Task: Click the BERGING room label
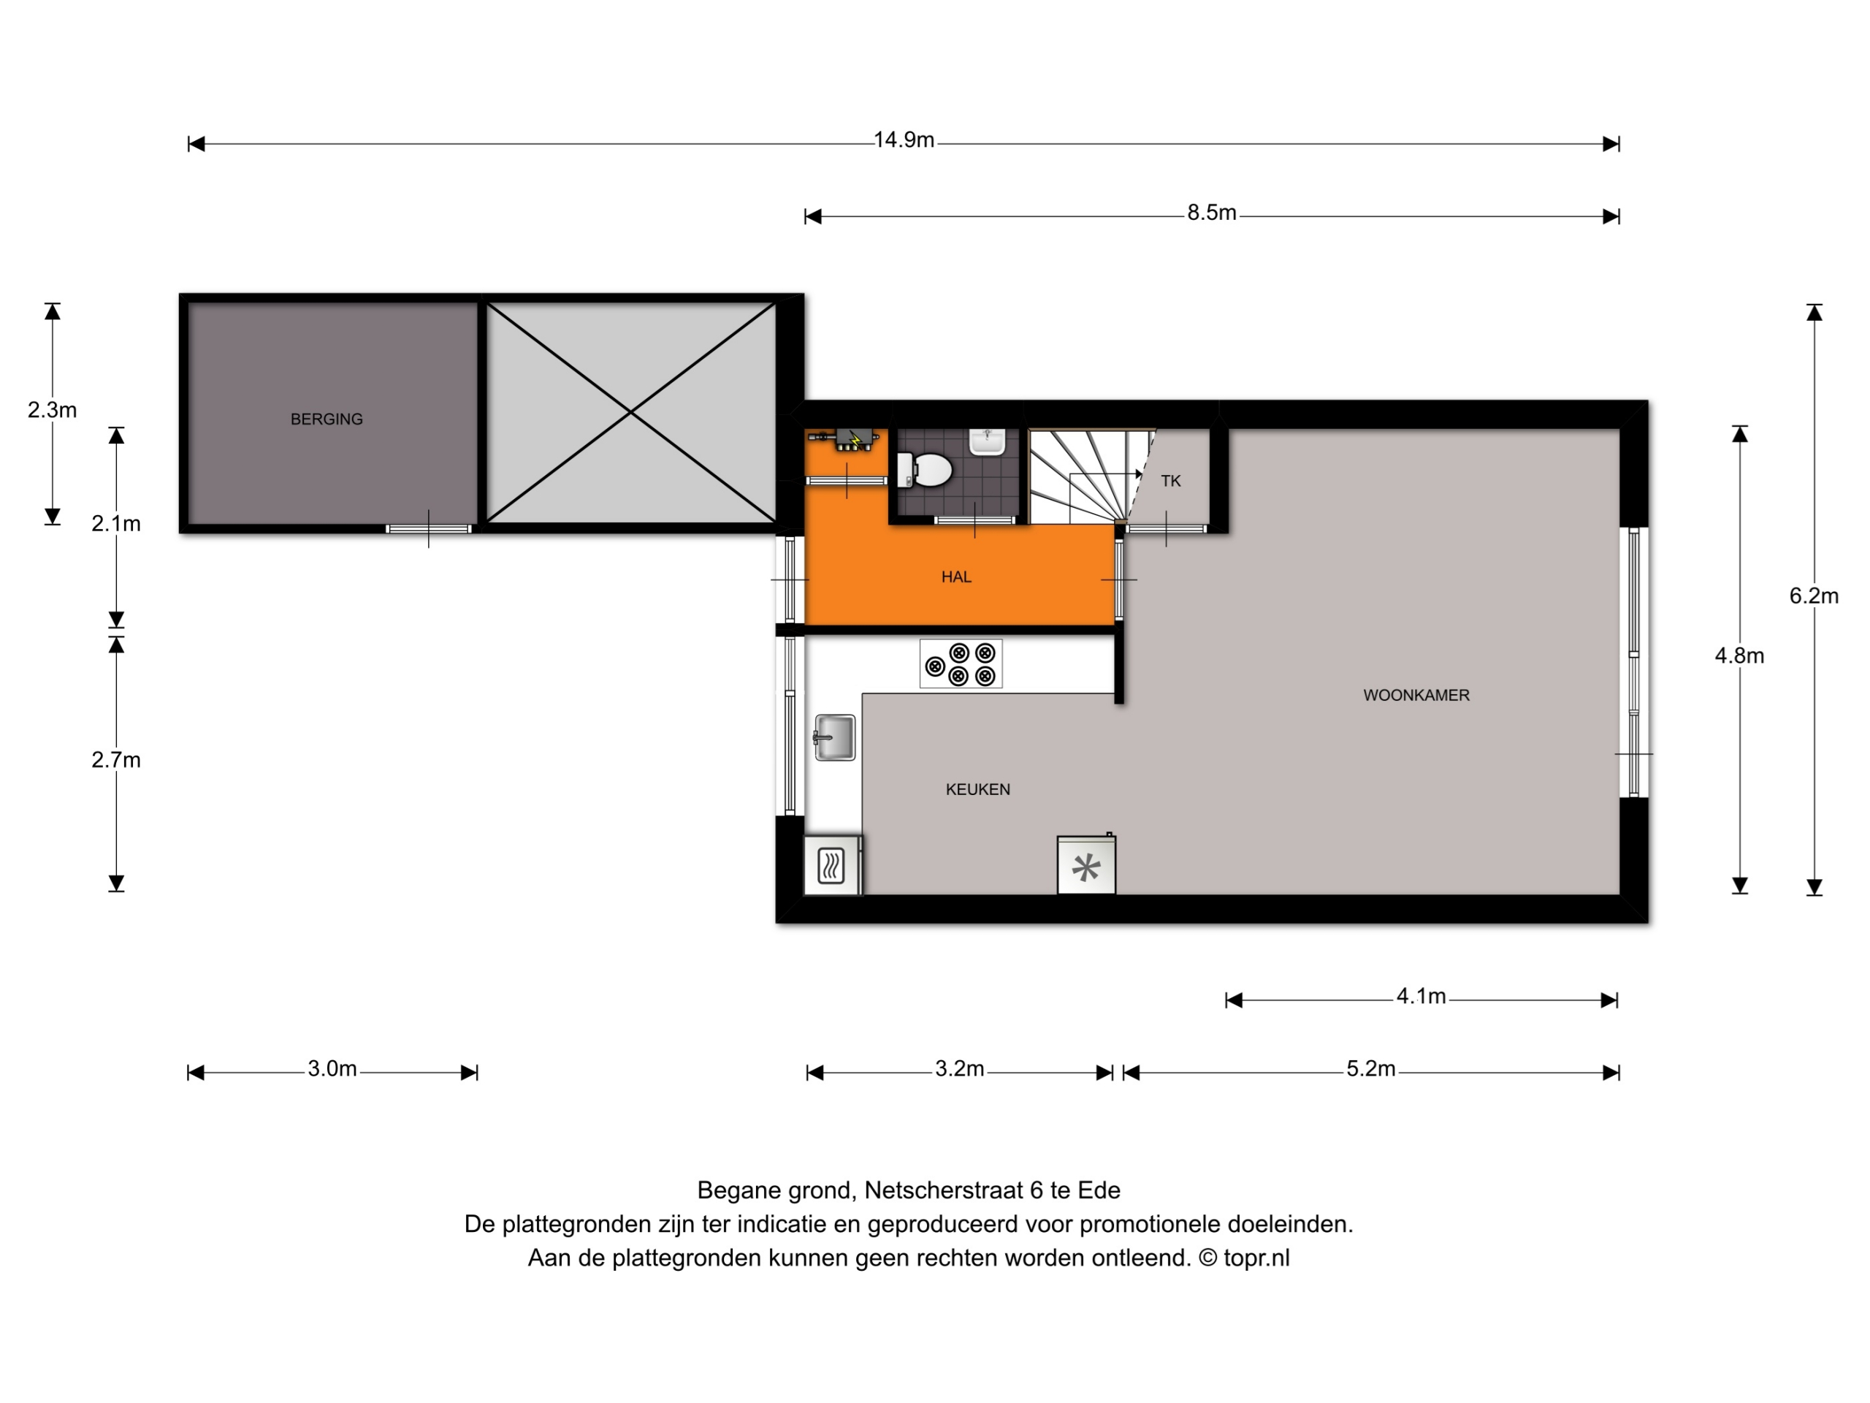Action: click(x=327, y=419)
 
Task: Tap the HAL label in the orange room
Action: click(x=956, y=577)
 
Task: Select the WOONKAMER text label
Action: click(x=1416, y=695)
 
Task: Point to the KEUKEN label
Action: click(x=977, y=789)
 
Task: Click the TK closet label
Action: click(x=1170, y=482)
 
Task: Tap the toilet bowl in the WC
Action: click(x=925, y=470)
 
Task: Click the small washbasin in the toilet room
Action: click(x=987, y=441)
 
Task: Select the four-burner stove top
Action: click(x=961, y=663)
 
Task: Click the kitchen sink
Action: click(x=834, y=737)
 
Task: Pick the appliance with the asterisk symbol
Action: click(x=1086, y=864)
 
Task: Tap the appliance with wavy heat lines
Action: click(x=832, y=865)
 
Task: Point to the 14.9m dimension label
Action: click(x=904, y=140)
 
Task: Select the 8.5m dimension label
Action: click(x=1211, y=213)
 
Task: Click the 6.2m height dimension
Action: click(x=1813, y=596)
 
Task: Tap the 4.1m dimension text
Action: click(x=1421, y=996)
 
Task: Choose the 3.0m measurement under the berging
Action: click(x=332, y=1069)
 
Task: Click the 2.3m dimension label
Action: click(x=53, y=410)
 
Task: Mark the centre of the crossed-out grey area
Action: click(x=630, y=412)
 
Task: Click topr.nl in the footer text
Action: click(x=1256, y=1258)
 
